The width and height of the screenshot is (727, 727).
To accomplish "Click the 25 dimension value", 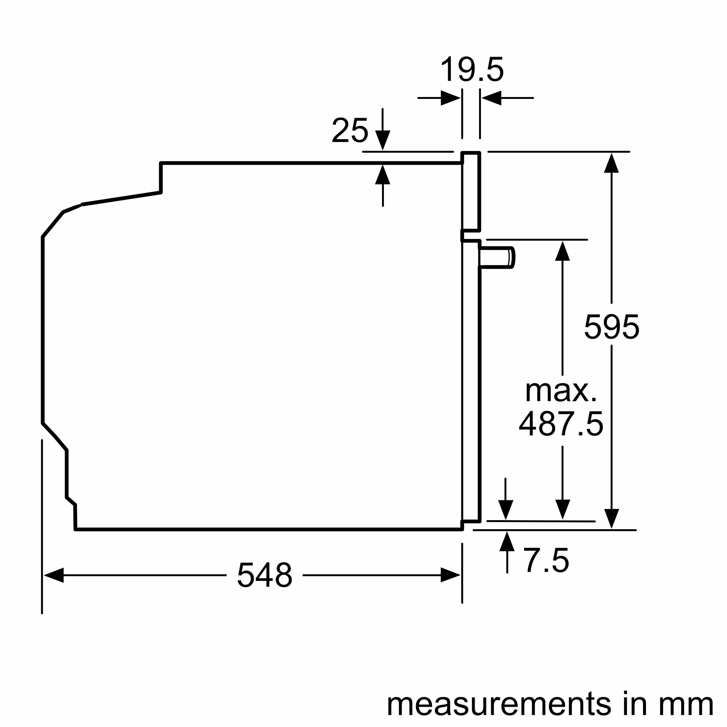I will click(350, 130).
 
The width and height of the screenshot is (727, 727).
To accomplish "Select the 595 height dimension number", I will click(611, 327).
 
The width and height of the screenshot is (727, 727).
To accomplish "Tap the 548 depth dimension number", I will click(265, 575).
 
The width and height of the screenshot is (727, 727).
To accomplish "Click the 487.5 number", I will click(561, 424).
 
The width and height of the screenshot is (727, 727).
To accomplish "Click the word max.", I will click(561, 391).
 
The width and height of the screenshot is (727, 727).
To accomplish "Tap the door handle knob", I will click(497, 258).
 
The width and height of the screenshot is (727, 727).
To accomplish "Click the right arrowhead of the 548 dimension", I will click(450, 575).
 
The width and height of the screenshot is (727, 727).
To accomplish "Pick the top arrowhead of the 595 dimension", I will click(611, 163).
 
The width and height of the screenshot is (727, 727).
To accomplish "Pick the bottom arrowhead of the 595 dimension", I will click(611, 519).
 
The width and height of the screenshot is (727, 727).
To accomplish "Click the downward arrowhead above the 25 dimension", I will click(383, 140).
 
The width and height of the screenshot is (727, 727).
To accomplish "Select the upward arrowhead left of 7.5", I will click(507, 542).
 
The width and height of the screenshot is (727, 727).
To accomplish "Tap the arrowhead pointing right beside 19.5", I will click(450, 98).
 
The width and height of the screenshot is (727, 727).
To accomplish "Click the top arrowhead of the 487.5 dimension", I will click(562, 251).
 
